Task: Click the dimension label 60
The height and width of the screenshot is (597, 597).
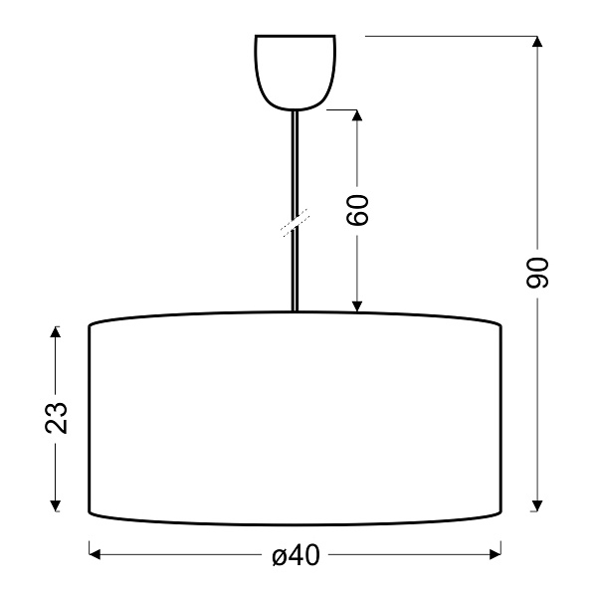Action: point(359,208)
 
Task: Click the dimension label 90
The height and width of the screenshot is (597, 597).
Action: point(538,272)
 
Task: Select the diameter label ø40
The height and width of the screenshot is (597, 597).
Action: point(295,555)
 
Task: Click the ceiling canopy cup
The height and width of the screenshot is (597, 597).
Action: point(296,70)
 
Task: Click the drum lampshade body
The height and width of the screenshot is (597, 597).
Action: point(296,418)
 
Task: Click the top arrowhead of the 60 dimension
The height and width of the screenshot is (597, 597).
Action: point(359,116)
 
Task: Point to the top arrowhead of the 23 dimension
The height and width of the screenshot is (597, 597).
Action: point(57,330)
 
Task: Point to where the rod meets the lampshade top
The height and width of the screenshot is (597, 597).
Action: point(296,312)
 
